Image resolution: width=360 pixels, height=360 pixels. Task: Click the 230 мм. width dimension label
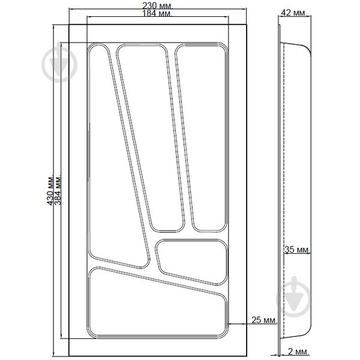[x=157, y=5]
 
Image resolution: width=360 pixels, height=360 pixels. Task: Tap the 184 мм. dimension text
[x=157, y=13]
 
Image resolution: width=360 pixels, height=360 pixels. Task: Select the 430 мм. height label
[x=50, y=190]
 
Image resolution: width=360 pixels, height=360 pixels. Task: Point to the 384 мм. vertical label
[x=58, y=190]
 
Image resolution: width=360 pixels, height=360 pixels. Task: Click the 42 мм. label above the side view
[x=294, y=13]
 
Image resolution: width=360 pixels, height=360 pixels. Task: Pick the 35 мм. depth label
[x=298, y=250]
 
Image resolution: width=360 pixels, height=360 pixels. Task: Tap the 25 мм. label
[x=265, y=320]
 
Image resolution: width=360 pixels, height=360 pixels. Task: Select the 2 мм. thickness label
[x=298, y=352]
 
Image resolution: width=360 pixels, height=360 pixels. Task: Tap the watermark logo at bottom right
[x=294, y=296]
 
